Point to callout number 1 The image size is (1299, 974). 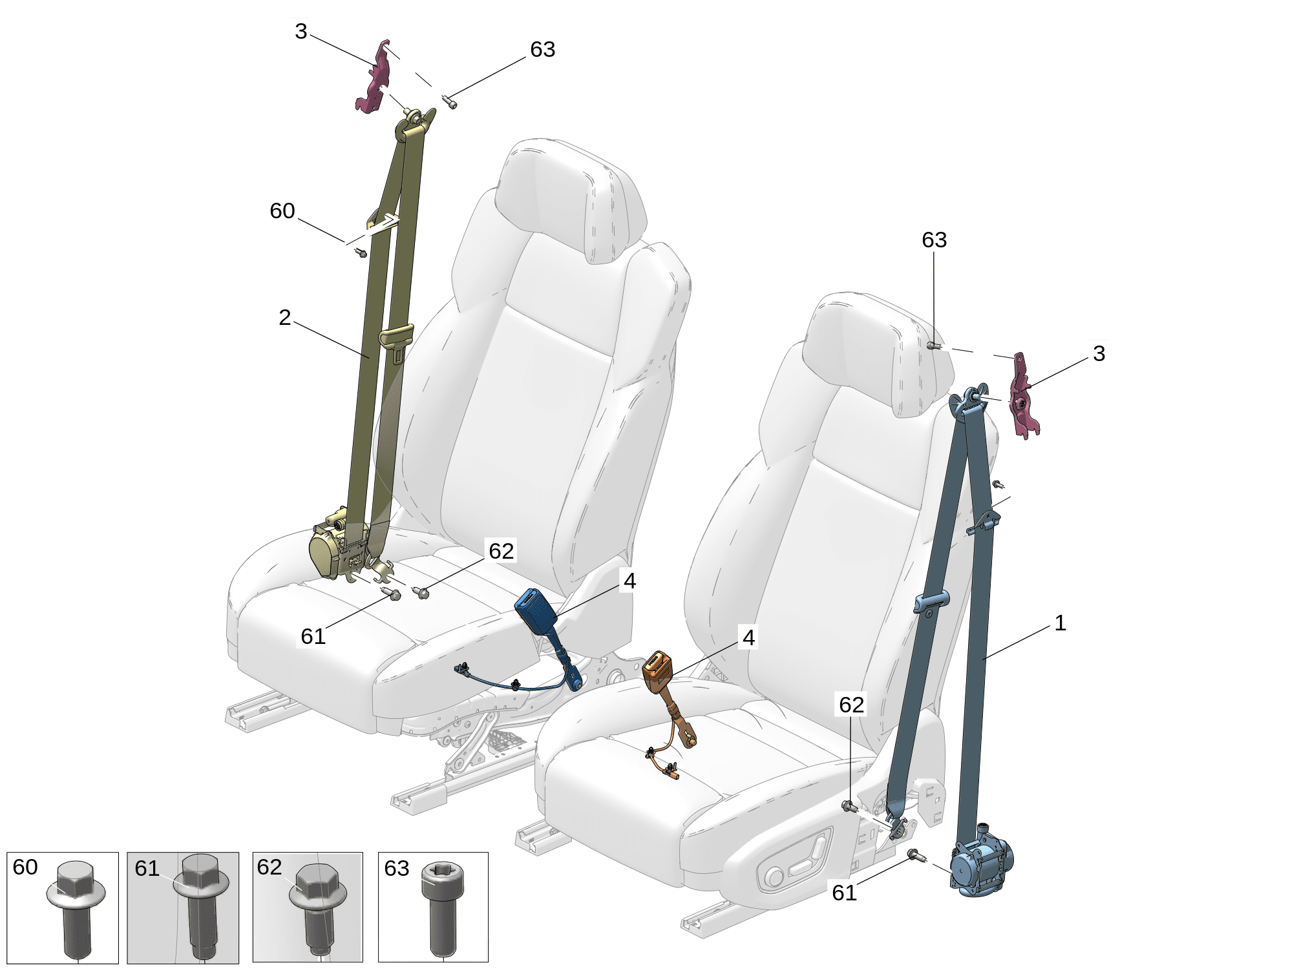(x=1060, y=623)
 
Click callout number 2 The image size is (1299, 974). (x=284, y=317)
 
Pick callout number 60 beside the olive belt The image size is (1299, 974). (x=282, y=211)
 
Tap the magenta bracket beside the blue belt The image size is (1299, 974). (x=1024, y=396)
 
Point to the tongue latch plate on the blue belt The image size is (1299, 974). (x=931, y=603)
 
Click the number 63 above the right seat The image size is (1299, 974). (x=934, y=240)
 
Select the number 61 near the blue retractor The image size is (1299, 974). (x=844, y=893)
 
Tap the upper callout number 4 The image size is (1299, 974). (x=629, y=581)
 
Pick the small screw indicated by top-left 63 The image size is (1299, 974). (x=449, y=101)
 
